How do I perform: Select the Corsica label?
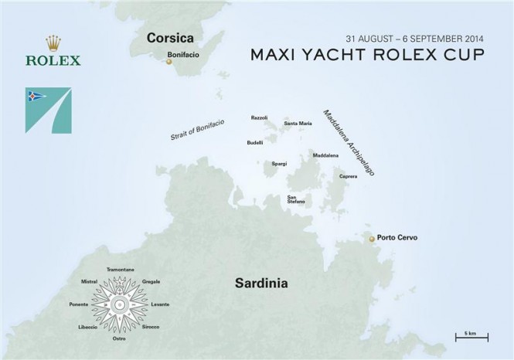(x=171, y=37)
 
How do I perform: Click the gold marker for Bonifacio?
(x=168, y=63)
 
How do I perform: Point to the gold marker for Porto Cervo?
(x=371, y=239)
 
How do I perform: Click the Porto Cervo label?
(x=397, y=238)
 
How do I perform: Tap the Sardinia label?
(x=261, y=284)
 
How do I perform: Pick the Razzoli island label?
(x=259, y=117)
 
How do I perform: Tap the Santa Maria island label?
(x=298, y=124)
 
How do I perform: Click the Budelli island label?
(x=255, y=142)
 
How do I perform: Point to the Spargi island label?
(x=279, y=164)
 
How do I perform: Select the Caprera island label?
(x=348, y=176)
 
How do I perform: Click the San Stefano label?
(x=296, y=199)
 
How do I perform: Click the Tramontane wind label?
(x=121, y=269)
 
